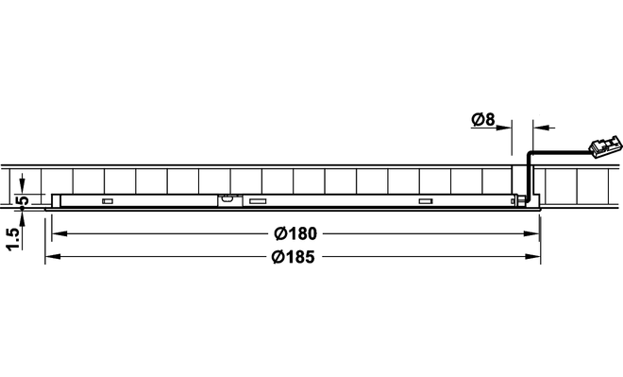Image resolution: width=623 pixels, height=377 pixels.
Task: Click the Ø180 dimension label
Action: click(x=295, y=233)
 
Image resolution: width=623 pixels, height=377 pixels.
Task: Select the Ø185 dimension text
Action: click(x=294, y=257)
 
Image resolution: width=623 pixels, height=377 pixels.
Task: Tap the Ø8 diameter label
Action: click(x=483, y=119)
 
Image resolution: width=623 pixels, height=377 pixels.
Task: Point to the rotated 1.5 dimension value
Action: click(x=13, y=239)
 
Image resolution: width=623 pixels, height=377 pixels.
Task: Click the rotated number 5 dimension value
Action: click(x=24, y=200)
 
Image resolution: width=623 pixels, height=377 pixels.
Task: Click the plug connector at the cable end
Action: click(x=604, y=146)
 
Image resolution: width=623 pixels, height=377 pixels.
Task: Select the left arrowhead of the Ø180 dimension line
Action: click(x=59, y=233)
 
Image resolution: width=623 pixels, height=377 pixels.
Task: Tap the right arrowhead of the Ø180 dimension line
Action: click(x=531, y=233)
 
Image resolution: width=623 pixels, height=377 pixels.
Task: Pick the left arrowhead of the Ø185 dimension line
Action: click(x=53, y=257)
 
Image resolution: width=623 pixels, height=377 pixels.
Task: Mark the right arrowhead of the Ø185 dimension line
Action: click(x=532, y=257)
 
